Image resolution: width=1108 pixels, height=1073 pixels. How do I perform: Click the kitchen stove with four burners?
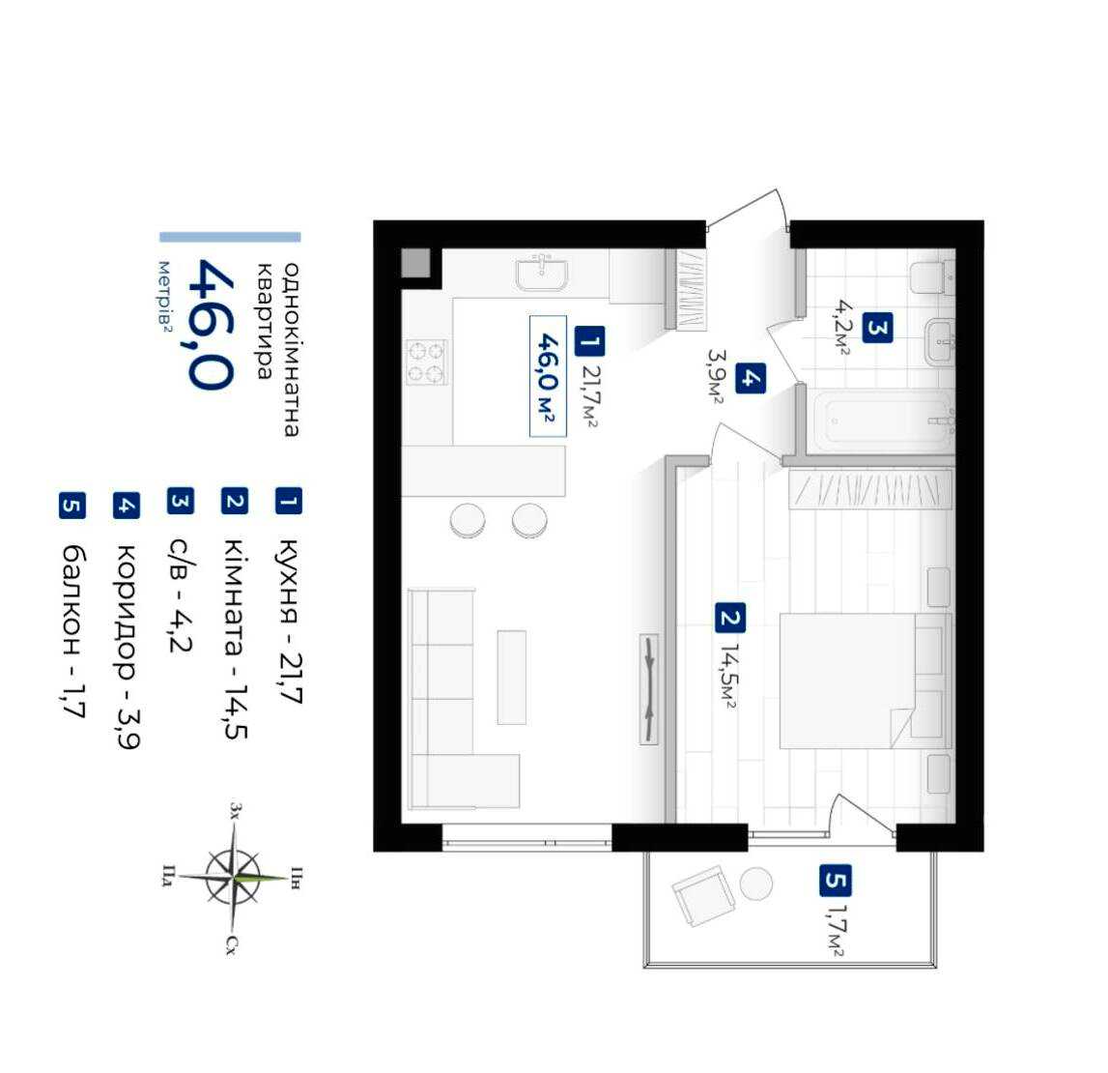pyautogui.click(x=427, y=362)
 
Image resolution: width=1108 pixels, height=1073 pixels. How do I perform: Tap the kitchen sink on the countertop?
pyautogui.click(x=542, y=274)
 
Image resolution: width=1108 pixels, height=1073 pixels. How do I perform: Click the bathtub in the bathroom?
pyautogui.click(x=883, y=420)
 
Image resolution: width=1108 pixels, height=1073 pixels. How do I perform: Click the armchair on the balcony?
pyautogui.click(x=701, y=895)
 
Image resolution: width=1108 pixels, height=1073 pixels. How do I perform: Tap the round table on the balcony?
pyautogui.click(x=756, y=884)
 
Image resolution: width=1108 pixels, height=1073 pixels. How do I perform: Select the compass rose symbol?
pyautogui.click(x=233, y=878)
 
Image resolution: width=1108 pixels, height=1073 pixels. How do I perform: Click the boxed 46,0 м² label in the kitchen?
pyautogui.click(x=548, y=376)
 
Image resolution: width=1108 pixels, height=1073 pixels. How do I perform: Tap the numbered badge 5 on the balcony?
pyautogui.click(x=836, y=881)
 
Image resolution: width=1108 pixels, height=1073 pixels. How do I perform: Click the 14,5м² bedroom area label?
pyautogui.click(x=728, y=676)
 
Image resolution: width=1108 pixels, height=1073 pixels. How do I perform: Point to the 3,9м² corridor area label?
pyautogui.click(x=715, y=376)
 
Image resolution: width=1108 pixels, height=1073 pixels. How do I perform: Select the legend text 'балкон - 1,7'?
pyautogui.click(x=72, y=631)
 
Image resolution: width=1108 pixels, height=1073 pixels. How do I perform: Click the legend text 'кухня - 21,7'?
pyautogui.click(x=289, y=621)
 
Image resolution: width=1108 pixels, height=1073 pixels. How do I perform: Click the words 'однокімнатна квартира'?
pyautogui.click(x=277, y=350)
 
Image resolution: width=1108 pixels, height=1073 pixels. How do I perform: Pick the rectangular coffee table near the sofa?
pyautogui.click(x=512, y=678)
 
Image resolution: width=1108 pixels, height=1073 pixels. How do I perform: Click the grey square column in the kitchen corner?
pyautogui.click(x=415, y=263)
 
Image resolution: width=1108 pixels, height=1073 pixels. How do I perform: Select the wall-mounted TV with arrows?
pyautogui.click(x=649, y=689)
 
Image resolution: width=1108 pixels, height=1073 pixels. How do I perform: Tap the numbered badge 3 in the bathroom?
pyautogui.click(x=877, y=329)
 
